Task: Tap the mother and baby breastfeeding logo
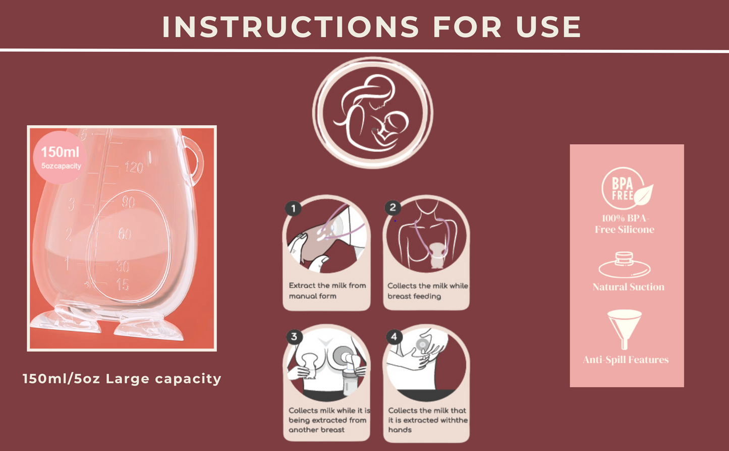[x=373, y=112]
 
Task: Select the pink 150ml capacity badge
[x=60, y=157]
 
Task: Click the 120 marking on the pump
[x=134, y=167]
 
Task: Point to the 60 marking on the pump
[x=125, y=234]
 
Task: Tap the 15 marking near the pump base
[x=123, y=285]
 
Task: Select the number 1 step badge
[x=293, y=208]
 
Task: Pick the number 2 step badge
[x=393, y=207]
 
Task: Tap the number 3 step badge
[x=294, y=336]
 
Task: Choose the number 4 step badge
[x=394, y=336]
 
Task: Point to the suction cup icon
[x=625, y=265]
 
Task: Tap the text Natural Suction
[x=629, y=287]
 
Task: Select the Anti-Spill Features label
[x=626, y=360]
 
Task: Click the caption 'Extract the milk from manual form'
[x=327, y=291]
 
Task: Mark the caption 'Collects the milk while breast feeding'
[x=428, y=291]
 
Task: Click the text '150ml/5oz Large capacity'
[x=122, y=379]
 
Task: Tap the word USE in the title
[x=548, y=27]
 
